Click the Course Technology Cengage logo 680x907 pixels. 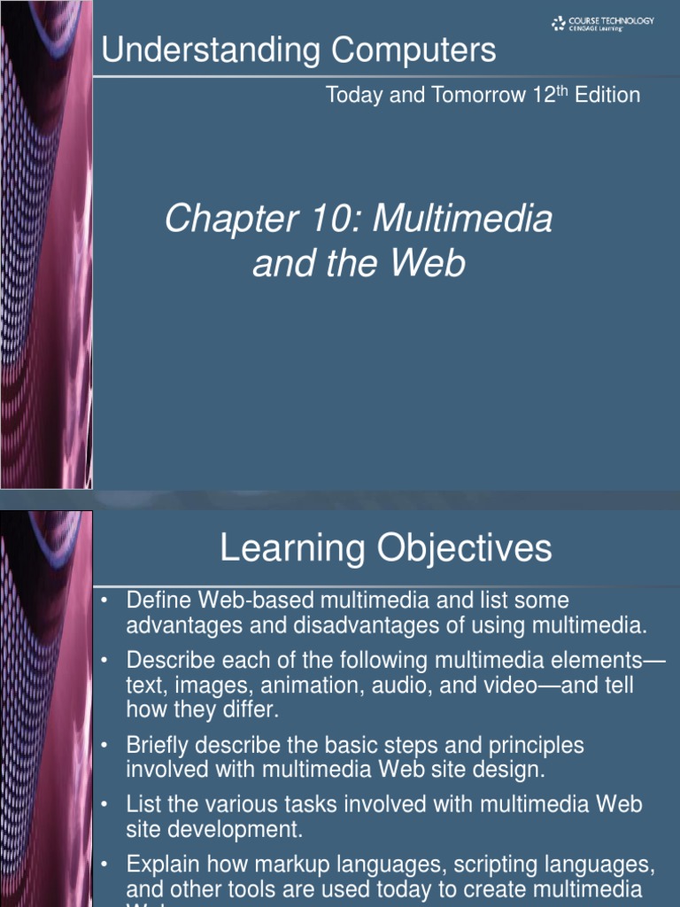point(603,24)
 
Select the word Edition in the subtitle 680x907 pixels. point(607,96)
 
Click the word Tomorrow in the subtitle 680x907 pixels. point(467,96)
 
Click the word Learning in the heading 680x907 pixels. point(292,548)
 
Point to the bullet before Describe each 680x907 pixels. point(104,661)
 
